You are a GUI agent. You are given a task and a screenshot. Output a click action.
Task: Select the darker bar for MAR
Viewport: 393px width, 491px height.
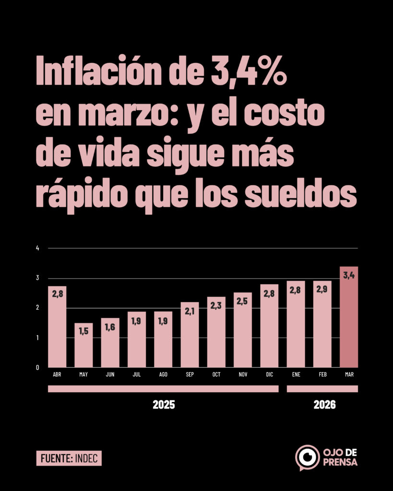pyautogui.click(x=349, y=321)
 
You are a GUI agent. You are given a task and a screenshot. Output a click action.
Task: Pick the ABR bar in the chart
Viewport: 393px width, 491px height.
pyautogui.click(x=57, y=328)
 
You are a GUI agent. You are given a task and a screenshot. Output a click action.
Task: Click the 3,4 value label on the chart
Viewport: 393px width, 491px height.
pyautogui.click(x=349, y=275)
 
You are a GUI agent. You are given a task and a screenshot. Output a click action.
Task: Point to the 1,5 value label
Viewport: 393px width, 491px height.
pyautogui.click(x=84, y=331)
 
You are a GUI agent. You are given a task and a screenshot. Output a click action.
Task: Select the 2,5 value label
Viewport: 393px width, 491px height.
pyautogui.click(x=243, y=301)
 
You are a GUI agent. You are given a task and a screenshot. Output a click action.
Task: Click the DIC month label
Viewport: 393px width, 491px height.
pyautogui.click(x=269, y=374)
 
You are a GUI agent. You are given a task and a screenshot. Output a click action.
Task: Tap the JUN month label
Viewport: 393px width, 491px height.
pyautogui.click(x=110, y=374)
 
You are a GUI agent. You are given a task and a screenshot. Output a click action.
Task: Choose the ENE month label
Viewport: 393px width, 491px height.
pyautogui.click(x=296, y=374)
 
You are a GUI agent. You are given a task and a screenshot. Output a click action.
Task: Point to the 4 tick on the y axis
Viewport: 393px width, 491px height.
pyautogui.click(x=37, y=248)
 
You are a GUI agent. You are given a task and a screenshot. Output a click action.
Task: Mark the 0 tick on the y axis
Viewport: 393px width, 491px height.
pyautogui.click(x=37, y=368)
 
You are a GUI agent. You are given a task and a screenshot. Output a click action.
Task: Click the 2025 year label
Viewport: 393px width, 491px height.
pyautogui.click(x=164, y=405)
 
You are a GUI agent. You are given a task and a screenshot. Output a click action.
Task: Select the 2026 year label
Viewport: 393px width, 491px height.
pyautogui.click(x=325, y=405)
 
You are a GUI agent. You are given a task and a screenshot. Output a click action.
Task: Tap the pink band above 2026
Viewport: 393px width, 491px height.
pyautogui.click(x=322, y=389)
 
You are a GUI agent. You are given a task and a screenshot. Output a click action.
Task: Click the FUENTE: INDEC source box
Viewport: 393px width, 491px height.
pyautogui.click(x=69, y=458)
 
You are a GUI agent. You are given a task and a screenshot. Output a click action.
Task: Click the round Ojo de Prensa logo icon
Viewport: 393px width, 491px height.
pyautogui.click(x=307, y=457)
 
